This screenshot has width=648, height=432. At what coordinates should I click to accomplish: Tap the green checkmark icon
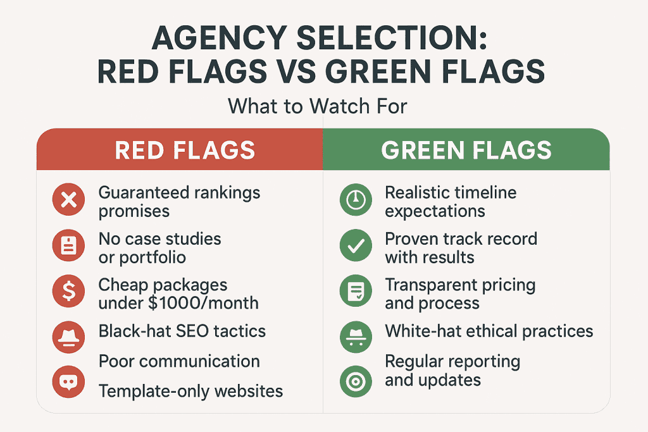(356, 247)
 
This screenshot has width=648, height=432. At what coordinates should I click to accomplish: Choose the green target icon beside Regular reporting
(356, 381)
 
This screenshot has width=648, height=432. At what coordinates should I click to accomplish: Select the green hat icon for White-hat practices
(356, 336)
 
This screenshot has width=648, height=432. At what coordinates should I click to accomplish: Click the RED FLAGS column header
(185, 151)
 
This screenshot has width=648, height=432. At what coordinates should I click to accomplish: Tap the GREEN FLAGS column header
(466, 151)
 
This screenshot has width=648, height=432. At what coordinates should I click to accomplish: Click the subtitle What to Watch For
(317, 106)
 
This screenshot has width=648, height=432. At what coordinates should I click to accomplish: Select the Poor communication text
(179, 361)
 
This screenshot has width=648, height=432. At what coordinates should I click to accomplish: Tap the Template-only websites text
(190, 391)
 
